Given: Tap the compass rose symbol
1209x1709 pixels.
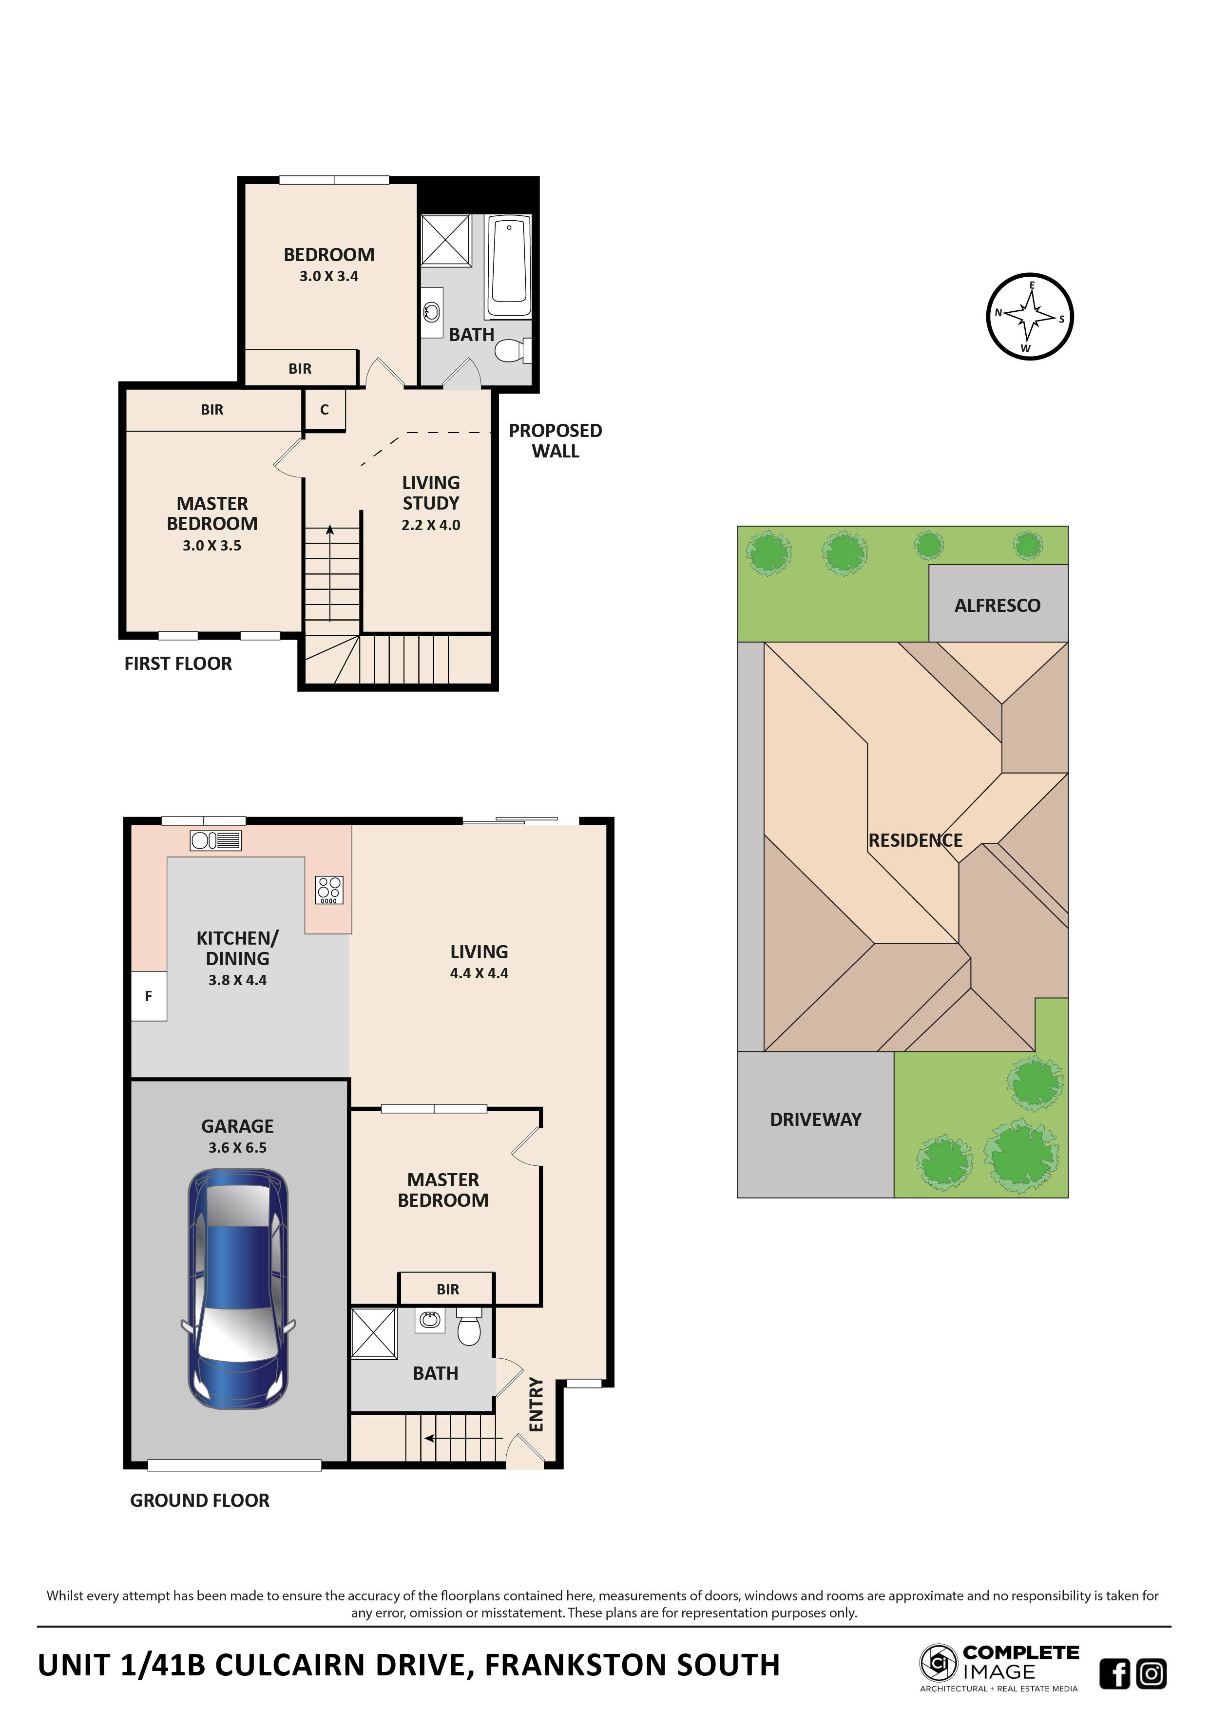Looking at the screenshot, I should (x=1030, y=316).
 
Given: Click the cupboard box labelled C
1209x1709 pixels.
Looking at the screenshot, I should (x=325, y=410).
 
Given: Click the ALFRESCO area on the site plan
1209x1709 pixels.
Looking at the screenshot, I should (x=998, y=605).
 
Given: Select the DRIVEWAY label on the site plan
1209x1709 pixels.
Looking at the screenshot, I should (x=815, y=1120).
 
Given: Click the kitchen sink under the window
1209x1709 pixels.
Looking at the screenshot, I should (x=215, y=840).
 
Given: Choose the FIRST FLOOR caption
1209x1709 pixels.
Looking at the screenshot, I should (x=178, y=663).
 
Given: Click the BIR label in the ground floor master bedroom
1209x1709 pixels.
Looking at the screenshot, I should (x=447, y=1289).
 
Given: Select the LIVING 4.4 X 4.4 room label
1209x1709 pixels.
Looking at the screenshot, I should (x=479, y=962).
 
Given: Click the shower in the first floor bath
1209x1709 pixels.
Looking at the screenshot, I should (x=445, y=241).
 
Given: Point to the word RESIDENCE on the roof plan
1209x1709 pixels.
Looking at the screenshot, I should (x=915, y=840).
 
